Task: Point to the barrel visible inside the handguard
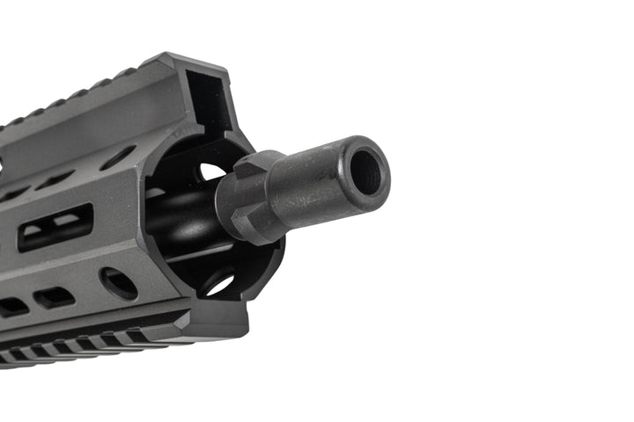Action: (181, 220)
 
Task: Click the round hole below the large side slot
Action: (118, 283)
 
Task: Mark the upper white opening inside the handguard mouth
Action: (211, 171)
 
